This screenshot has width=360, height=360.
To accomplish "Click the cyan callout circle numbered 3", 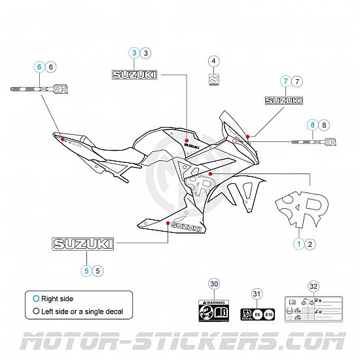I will pyautogui.click(x=134, y=52).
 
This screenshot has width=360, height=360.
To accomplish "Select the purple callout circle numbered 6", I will pyautogui.click(x=51, y=66).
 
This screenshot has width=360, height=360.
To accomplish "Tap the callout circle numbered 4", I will pyautogui.click(x=213, y=62).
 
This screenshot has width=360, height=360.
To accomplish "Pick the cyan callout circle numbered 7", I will pyautogui.click(x=285, y=82).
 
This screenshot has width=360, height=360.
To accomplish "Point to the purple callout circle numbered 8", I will pyautogui.click(x=325, y=124).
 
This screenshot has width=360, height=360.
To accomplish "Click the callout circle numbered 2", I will pyautogui.click(x=311, y=243).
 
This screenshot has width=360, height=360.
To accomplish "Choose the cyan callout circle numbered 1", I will pyautogui.click(x=298, y=243).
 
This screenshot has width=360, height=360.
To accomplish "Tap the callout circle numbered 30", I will pyautogui.click(x=213, y=283).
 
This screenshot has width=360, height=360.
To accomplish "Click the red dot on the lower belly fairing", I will pyautogui.click(x=168, y=223).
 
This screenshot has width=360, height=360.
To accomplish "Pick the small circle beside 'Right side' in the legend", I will pyautogui.click(x=36, y=298).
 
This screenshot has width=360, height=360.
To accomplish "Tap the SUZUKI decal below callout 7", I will pyautogui.click(x=284, y=101).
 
